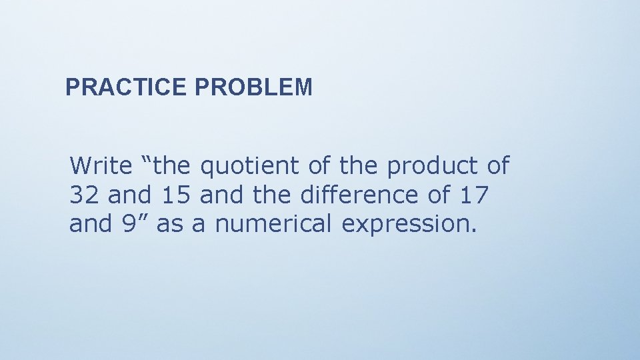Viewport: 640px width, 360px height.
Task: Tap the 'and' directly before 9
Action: tap(89, 224)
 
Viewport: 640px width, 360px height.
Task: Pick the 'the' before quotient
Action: tap(175, 165)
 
